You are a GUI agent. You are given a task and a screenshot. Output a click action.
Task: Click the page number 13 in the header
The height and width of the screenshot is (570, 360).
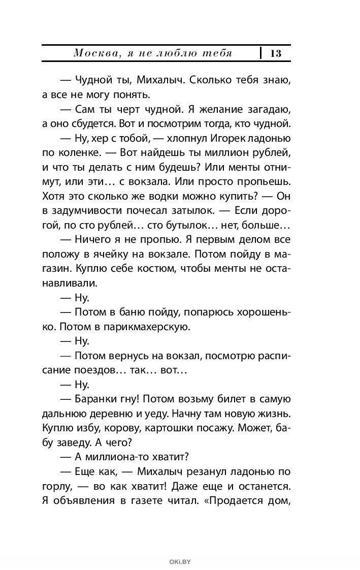point(276,53)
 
